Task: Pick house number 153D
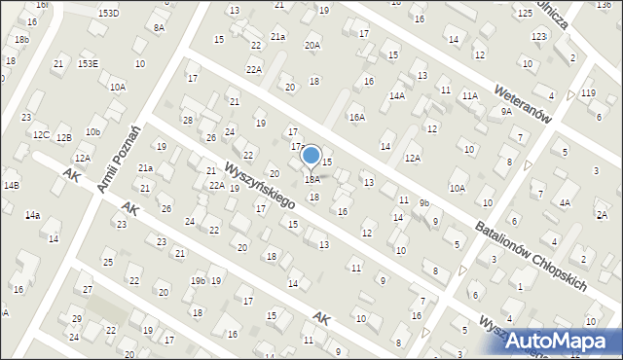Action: coord(108,13)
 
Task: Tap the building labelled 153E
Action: coord(88,63)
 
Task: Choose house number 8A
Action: coord(159,28)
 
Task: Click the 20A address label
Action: coord(311,45)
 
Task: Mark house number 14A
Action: coord(397,95)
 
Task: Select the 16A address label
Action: coord(357,117)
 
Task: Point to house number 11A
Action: coord(470,95)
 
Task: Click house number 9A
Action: coord(506,112)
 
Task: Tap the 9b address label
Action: coord(423,202)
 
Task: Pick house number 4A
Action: coord(565,202)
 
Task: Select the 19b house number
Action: coord(198,281)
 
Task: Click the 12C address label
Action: coord(41,134)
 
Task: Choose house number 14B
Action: coord(11,184)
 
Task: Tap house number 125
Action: coord(525,13)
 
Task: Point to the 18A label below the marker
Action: coord(311,179)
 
